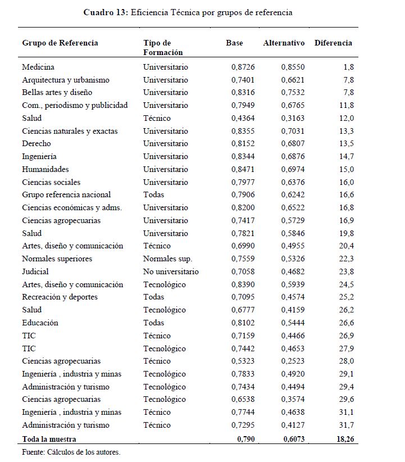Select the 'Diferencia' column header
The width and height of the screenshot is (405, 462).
click(333, 43)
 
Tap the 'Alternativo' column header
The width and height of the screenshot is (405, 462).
click(284, 43)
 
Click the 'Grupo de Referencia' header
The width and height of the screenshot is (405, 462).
click(60, 43)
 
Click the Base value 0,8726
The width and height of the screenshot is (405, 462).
click(243, 67)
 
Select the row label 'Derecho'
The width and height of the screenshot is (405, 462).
click(37, 144)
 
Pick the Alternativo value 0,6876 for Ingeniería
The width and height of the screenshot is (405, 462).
click(293, 157)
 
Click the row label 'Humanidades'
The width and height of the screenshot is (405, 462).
click(45, 169)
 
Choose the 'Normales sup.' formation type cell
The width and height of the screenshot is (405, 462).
click(167, 259)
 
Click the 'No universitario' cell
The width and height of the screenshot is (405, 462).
click(171, 272)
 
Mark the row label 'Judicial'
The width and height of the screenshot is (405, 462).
click(35, 272)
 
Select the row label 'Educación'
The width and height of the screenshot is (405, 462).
click(40, 323)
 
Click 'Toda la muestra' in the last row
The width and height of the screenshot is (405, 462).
click(49, 439)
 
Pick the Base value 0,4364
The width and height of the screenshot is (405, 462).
click(243, 118)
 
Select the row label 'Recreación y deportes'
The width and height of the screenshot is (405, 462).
click(60, 297)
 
